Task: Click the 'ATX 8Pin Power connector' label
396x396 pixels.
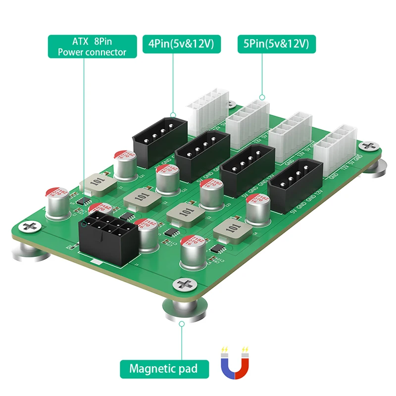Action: (x=92, y=46)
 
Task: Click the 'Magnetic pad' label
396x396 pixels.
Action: (x=163, y=368)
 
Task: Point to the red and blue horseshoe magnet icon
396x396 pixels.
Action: (x=235, y=364)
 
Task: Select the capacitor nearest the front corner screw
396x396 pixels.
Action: (x=191, y=252)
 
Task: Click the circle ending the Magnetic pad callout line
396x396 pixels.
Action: (x=182, y=324)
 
